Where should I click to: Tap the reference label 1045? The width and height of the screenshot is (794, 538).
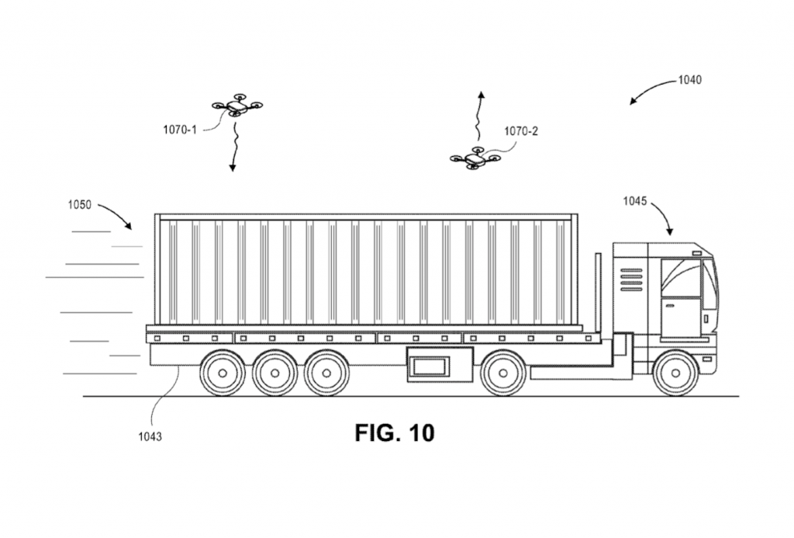pos(635,201)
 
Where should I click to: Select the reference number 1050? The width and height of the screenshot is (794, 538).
pos(78,206)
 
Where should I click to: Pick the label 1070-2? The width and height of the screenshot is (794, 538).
pos(520,131)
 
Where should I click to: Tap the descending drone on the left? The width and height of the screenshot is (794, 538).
pos(236,107)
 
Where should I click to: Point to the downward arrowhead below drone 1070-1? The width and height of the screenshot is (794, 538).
pos(231,167)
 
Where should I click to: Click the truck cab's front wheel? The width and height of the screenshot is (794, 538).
pos(675,373)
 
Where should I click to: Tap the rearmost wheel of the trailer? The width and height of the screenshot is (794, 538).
pos(223,373)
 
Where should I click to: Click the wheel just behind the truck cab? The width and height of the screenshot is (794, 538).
pos(503,373)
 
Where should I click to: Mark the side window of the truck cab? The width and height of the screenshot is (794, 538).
pos(681,278)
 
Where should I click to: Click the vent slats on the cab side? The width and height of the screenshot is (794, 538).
pos(631,279)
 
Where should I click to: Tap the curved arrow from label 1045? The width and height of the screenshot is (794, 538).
pos(664,217)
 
